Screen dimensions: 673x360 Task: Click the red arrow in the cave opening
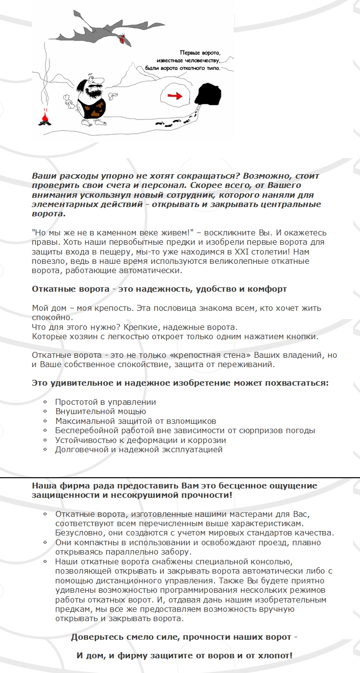173,95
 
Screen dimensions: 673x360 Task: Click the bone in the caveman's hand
71,103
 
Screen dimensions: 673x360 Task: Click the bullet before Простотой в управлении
45,402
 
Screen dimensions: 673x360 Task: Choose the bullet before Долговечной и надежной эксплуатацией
45,449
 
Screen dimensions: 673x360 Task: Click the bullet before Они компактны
45,542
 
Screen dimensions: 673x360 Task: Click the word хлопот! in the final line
275,655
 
